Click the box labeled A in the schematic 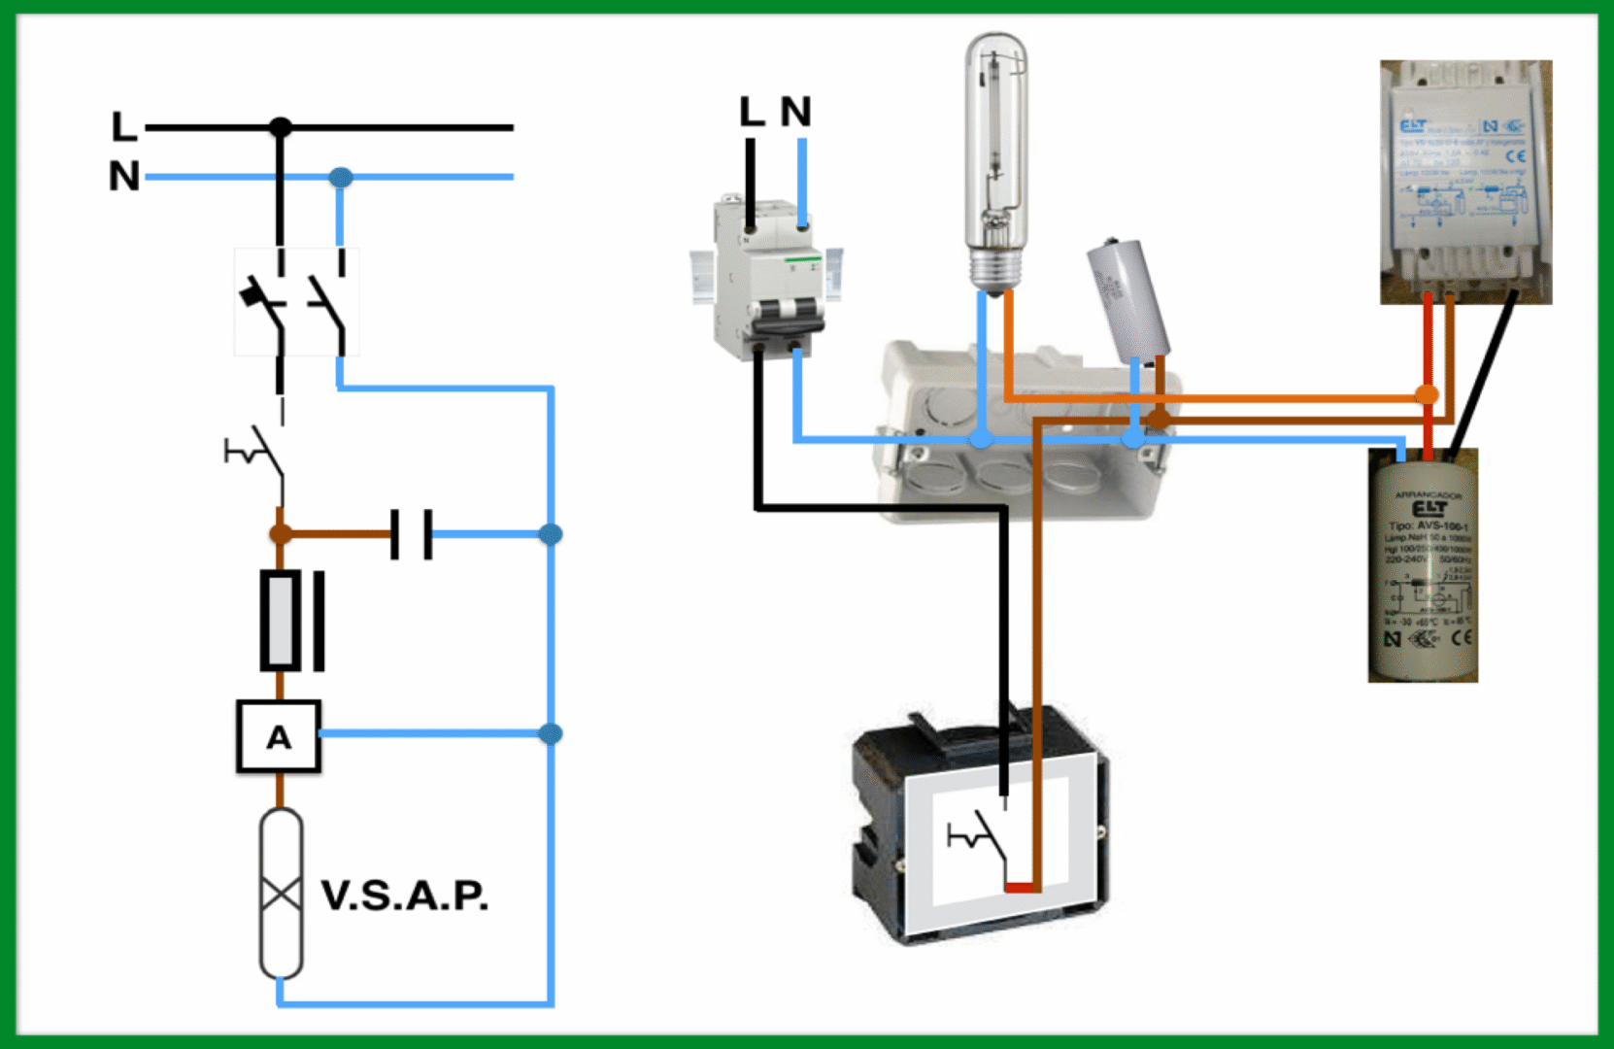point(279,737)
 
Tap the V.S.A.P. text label point(404,896)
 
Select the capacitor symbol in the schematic point(412,534)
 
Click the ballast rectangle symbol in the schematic point(281,621)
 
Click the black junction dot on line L point(281,127)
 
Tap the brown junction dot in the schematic point(281,533)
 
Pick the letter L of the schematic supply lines point(123,127)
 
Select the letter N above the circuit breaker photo point(795,112)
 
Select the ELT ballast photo point(1465,182)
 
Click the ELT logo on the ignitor point(1428,509)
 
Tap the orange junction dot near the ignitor point(1426,394)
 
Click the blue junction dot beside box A point(551,733)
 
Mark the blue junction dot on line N point(341,178)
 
